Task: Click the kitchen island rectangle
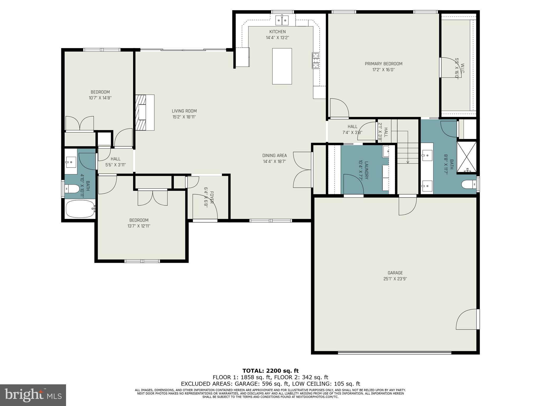pos(282,66)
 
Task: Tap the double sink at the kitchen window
pos(282,20)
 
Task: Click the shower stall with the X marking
pos(467,157)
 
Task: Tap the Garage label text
pos(395,273)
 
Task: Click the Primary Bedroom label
pos(384,64)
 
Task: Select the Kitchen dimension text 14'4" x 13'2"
pos(277,38)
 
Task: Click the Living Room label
pos(184,111)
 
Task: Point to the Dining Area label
pos(274,155)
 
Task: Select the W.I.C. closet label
pos(462,68)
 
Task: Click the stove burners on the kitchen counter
pos(316,60)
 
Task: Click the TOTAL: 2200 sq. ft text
pos(270,371)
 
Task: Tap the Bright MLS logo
pos(33,395)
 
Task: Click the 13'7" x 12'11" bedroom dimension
pos(139,226)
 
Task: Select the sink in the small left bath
pos(71,161)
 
